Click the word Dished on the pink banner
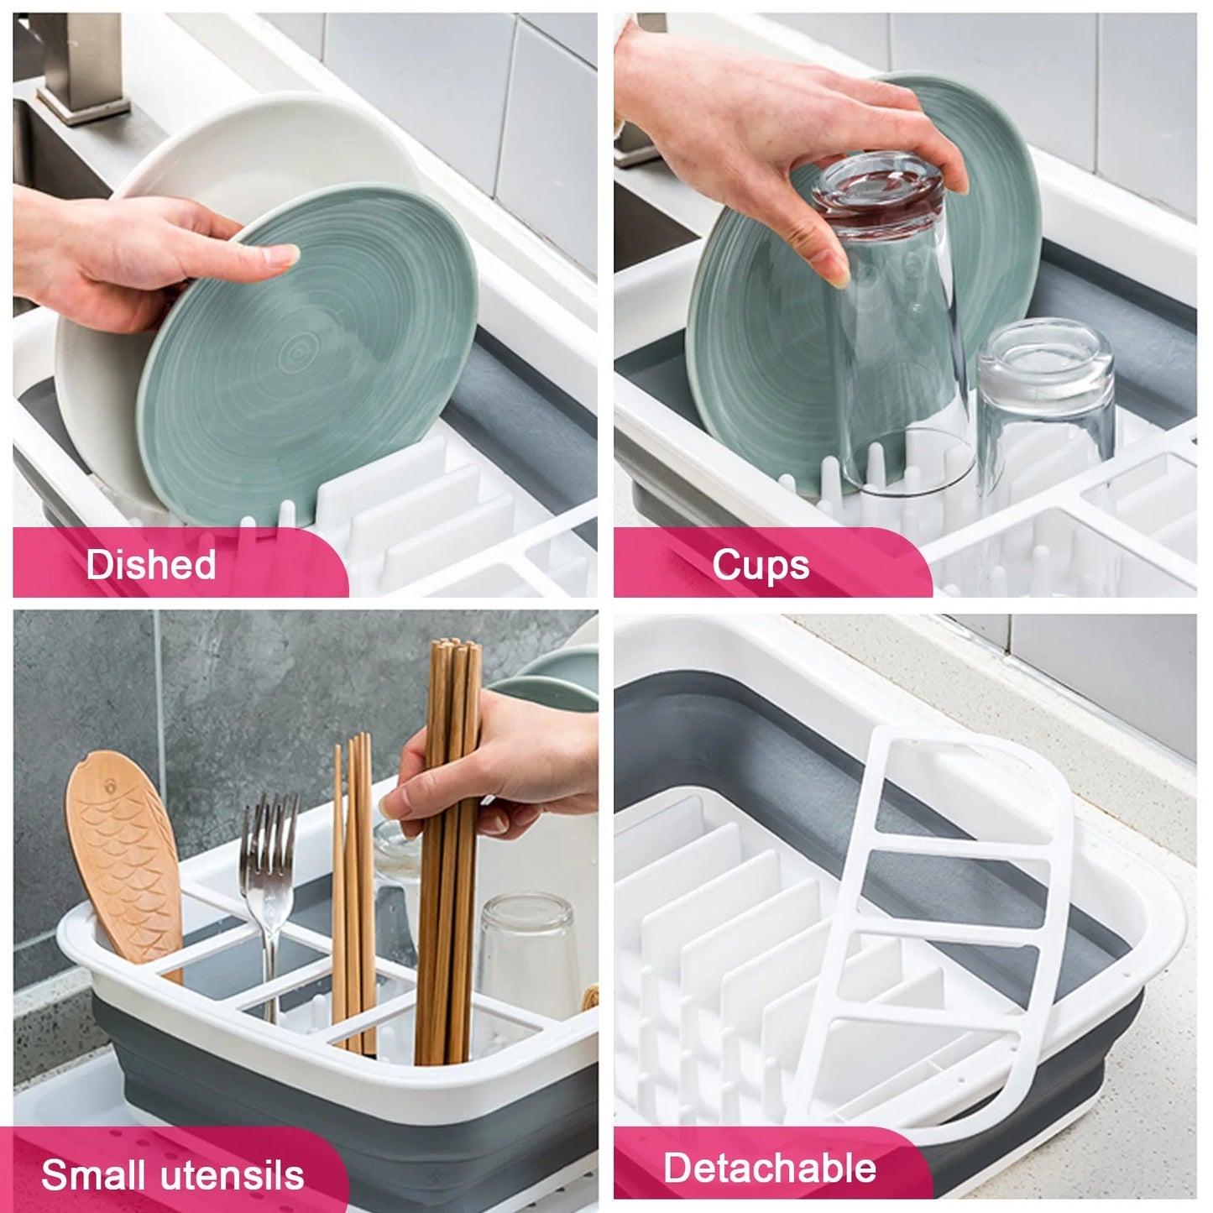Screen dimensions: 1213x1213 coord(151,564)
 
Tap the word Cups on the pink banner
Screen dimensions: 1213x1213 coord(761,565)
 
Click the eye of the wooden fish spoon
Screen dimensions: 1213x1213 coord(111,786)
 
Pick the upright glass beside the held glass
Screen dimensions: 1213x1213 coord(1045,403)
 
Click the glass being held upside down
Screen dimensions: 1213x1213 coord(891,321)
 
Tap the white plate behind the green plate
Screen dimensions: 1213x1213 coord(189,252)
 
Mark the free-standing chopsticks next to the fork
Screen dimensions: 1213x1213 coord(353,894)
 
